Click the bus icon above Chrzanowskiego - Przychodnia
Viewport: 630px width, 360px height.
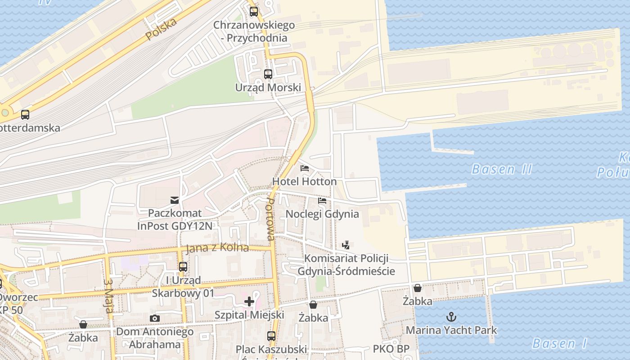click(x=254, y=12)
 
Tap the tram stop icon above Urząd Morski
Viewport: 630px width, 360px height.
click(x=268, y=74)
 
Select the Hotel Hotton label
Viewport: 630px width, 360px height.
click(x=304, y=181)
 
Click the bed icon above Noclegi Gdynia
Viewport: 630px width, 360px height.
click(x=322, y=200)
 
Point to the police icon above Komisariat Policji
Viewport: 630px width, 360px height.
click(x=346, y=245)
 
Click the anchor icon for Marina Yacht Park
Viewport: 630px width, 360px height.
click(x=451, y=317)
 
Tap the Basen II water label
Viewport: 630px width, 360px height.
click(x=501, y=170)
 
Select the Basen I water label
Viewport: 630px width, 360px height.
click(x=559, y=344)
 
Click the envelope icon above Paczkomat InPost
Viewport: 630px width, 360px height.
click(x=174, y=200)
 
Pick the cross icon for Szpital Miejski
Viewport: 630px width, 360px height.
click(x=249, y=301)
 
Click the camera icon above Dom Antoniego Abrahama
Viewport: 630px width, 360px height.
click(x=155, y=319)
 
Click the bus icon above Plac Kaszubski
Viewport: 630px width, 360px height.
click(x=271, y=336)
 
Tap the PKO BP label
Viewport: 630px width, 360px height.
click(x=391, y=349)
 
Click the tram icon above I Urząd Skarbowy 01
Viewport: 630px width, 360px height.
click(x=183, y=267)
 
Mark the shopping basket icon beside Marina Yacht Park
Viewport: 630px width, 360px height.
click(x=418, y=288)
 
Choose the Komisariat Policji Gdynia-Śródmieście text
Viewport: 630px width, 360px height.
click(x=346, y=265)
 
